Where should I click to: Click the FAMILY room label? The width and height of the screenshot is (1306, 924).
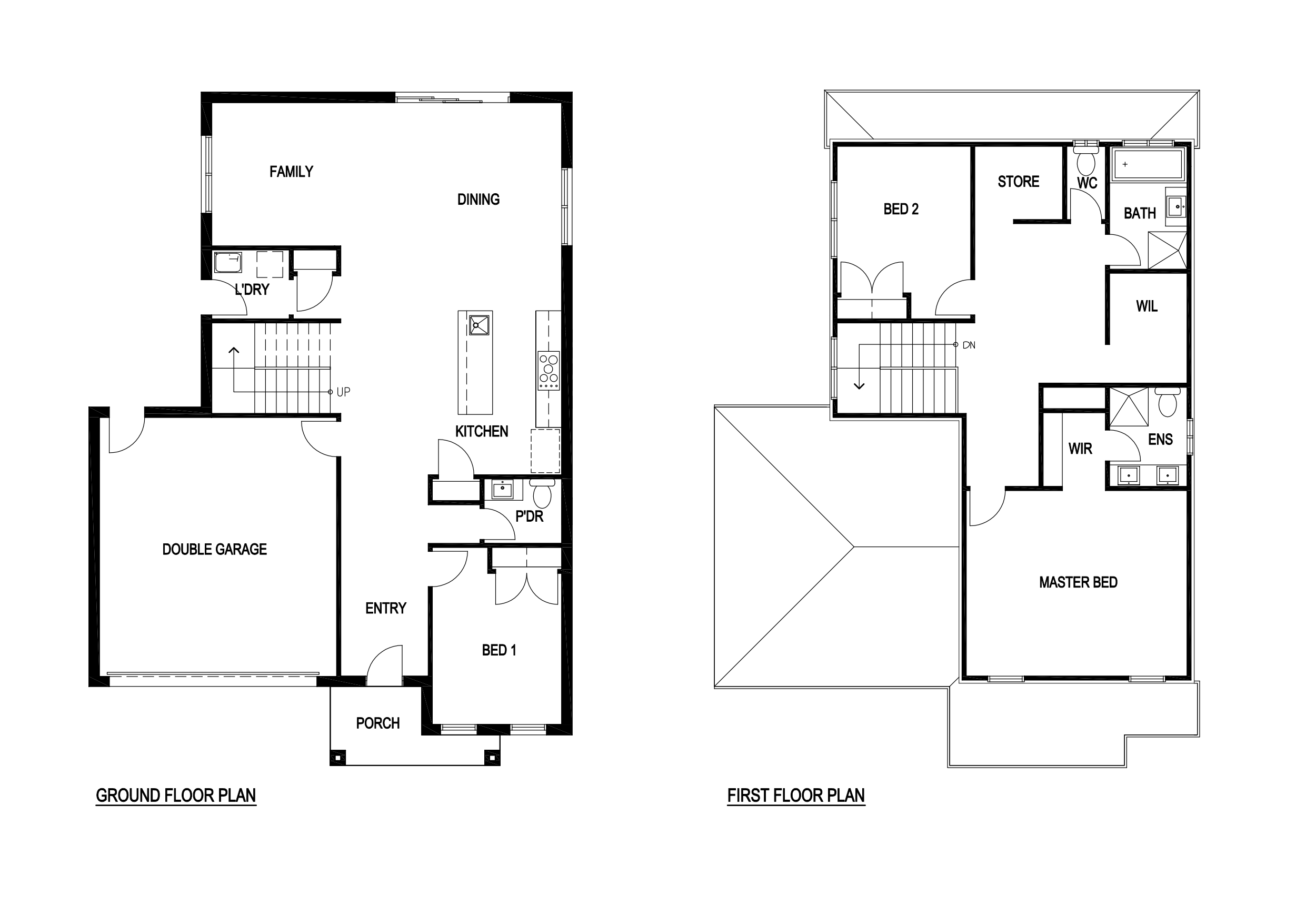(x=291, y=171)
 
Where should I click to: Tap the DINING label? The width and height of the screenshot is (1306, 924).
(x=478, y=199)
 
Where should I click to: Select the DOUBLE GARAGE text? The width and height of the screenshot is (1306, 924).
(x=214, y=549)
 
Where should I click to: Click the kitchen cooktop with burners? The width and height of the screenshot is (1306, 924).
(x=549, y=371)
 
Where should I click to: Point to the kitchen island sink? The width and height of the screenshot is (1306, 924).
(x=479, y=325)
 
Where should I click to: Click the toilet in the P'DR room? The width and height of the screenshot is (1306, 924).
(x=542, y=493)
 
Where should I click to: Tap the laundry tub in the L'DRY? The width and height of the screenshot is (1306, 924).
(x=228, y=263)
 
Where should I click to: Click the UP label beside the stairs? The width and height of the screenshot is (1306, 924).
(x=343, y=392)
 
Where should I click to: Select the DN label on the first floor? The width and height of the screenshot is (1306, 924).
(x=969, y=345)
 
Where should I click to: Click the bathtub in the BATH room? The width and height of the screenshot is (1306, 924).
(x=1148, y=165)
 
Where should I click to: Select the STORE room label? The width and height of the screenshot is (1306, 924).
(x=1018, y=182)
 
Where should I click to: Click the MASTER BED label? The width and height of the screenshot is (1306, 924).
(x=1079, y=582)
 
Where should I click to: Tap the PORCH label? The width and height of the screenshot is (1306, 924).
(x=378, y=723)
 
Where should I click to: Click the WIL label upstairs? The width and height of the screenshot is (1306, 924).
(x=1147, y=306)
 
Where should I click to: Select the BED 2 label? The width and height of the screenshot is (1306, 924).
(x=901, y=209)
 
